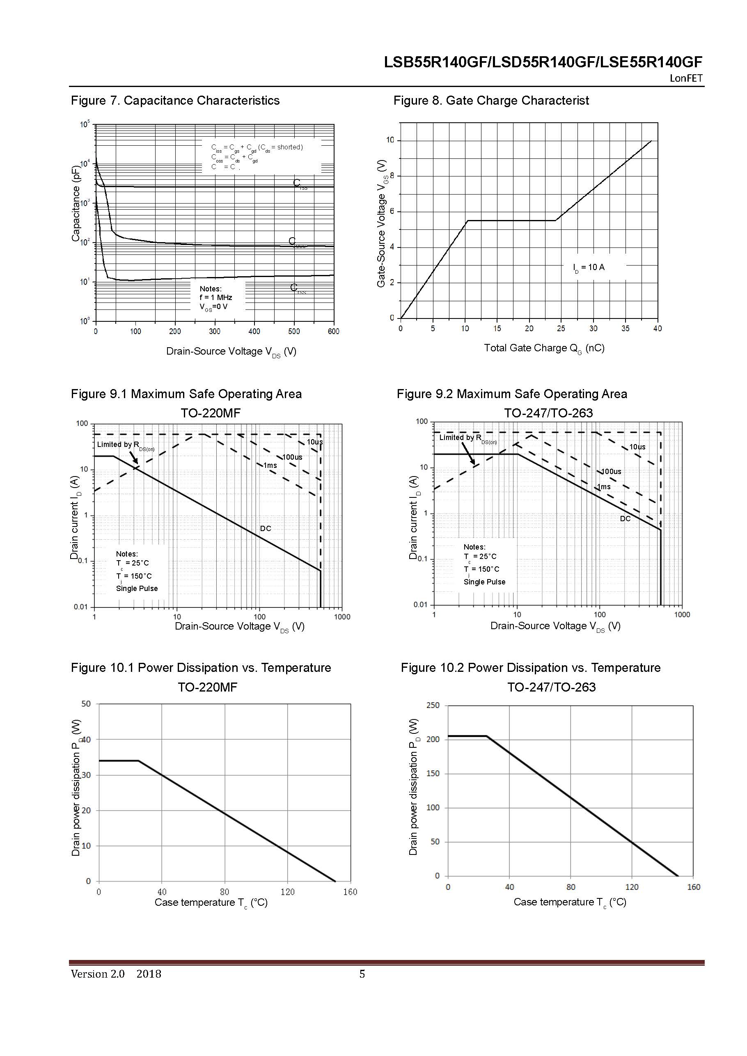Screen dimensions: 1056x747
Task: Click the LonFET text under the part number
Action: (x=686, y=78)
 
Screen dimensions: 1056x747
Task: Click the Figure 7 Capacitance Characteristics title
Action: (x=175, y=100)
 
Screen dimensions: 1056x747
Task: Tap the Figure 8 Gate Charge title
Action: (x=491, y=100)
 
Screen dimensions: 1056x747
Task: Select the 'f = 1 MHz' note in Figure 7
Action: (x=216, y=298)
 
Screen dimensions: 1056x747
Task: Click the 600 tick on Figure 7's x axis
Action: (x=333, y=331)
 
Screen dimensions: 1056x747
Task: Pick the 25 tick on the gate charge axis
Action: (x=561, y=328)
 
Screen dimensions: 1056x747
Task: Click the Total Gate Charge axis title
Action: (x=544, y=348)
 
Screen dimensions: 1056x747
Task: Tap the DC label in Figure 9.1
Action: (x=266, y=529)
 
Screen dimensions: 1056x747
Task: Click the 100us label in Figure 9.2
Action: (x=611, y=472)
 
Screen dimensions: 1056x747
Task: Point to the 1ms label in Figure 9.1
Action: (x=270, y=465)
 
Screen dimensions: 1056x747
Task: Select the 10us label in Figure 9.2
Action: (x=637, y=447)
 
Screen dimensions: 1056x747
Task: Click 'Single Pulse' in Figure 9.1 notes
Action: (x=137, y=588)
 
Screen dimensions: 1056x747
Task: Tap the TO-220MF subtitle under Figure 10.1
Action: (x=207, y=687)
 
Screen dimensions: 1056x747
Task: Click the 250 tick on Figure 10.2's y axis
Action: (x=433, y=705)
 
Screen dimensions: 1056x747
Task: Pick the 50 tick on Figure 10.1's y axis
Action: (x=86, y=704)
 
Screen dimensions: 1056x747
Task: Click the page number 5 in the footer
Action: (x=362, y=974)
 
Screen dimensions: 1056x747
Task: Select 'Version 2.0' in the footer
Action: (x=98, y=974)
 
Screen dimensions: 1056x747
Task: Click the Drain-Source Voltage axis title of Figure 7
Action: (x=231, y=351)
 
